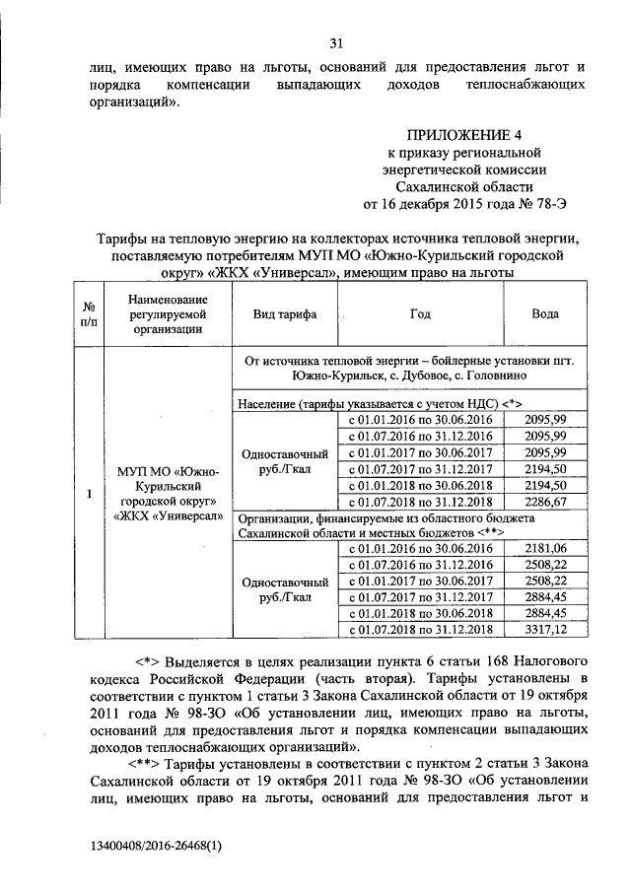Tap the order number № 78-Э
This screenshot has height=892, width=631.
pyautogui.click(x=543, y=204)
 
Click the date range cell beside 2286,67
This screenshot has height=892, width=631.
pyautogui.click(x=420, y=501)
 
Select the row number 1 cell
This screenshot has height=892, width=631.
pyautogui.click(x=89, y=493)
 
